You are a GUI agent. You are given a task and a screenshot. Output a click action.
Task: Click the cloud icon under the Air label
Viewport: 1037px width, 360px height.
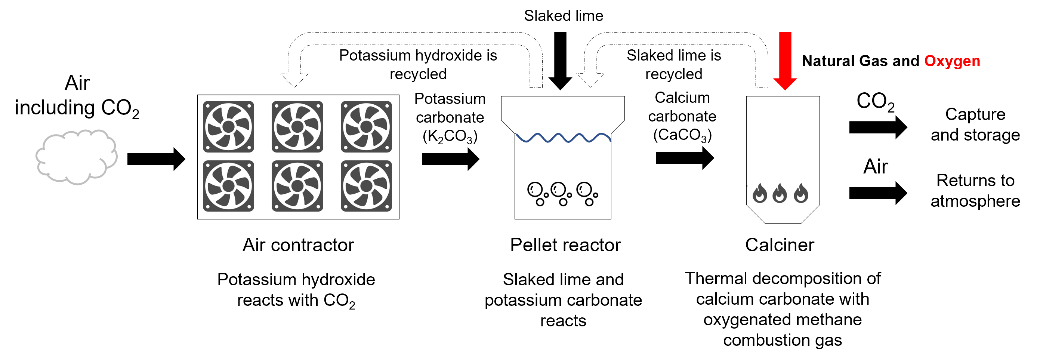tap(77, 157)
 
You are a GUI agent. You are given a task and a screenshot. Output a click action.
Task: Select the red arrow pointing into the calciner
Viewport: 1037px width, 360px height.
tap(785, 61)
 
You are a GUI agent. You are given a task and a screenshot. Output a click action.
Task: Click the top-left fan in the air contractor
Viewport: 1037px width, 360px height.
tap(228, 126)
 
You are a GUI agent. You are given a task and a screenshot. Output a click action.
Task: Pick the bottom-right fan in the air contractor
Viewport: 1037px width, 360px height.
tap(366, 186)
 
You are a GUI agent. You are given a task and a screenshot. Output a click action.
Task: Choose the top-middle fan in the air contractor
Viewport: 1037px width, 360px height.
tap(297, 126)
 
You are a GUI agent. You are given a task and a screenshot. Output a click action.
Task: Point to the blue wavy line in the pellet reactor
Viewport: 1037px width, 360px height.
tap(563, 138)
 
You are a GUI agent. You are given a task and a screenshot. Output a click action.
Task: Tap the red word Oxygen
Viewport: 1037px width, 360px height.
tap(952, 61)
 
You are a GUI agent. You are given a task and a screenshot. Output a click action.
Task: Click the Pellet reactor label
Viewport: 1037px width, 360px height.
tap(565, 245)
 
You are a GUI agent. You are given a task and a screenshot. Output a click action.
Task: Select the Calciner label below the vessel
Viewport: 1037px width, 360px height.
tap(780, 245)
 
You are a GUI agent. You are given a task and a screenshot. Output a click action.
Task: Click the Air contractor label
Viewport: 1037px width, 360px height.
tap(298, 245)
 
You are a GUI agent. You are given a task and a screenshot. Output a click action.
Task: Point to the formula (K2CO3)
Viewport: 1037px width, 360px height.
tap(450, 136)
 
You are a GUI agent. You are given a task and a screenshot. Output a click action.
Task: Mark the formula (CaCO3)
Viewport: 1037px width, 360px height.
tap(682, 135)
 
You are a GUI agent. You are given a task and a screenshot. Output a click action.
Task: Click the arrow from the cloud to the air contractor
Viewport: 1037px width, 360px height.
tap(156, 159)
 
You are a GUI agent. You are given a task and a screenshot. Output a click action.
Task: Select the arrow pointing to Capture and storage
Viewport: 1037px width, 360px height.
tap(877, 127)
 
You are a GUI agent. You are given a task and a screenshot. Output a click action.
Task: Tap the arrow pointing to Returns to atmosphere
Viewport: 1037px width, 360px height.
tap(877, 193)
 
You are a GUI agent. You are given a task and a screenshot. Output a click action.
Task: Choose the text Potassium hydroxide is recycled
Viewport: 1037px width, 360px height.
tap(418, 64)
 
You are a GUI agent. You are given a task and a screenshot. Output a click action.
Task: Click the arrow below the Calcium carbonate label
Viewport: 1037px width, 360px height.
tap(684, 158)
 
